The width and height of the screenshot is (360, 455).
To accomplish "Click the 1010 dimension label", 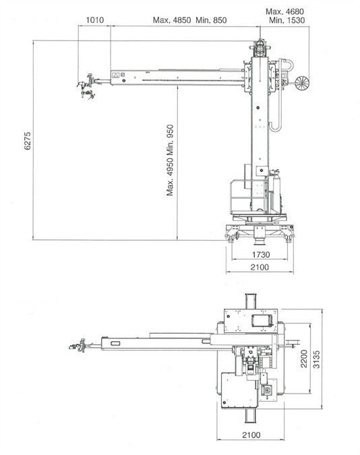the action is pyautogui.click(x=95, y=20).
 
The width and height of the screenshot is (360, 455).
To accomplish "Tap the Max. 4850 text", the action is pyautogui.click(x=172, y=20).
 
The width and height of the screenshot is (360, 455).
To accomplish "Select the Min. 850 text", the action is pyautogui.click(x=211, y=20).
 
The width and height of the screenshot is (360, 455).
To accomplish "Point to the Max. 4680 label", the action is pyautogui.click(x=284, y=11).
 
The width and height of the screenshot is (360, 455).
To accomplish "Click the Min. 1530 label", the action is pyautogui.click(x=287, y=20).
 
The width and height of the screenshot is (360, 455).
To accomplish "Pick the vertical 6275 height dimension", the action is pyautogui.click(x=27, y=141).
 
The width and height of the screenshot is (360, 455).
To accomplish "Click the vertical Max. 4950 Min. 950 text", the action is pyautogui.click(x=170, y=160).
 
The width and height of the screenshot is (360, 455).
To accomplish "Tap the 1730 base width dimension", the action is pyautogui.click(x=261, y=255).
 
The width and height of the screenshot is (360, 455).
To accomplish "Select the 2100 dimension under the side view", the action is pyautogui.click(x=260, y=267).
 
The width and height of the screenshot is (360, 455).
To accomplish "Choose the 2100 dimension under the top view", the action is pyautogui.click(x=251, y=435).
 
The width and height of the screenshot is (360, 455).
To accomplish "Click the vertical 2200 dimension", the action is pyautogui.click(x=303, y=359).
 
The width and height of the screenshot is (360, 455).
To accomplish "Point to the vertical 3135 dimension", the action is pyautogui.click(x=316, y=359).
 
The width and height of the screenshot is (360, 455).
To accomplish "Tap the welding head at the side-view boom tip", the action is pyautogui.click(x=87, y=86).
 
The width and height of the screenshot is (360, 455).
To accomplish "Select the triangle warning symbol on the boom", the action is pyautogui.click(x=115, y=75).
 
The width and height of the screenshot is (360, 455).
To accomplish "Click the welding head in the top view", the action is pyautogui.click(x=78, y=345).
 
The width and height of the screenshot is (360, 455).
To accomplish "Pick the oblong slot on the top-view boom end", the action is pyautogui.click(x=115, y=344).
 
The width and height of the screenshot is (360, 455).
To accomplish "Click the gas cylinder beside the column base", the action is pyautogui.click(x=276, y=191).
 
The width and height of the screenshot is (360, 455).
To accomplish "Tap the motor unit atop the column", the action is pyautogui.click(x=260, y=47).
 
